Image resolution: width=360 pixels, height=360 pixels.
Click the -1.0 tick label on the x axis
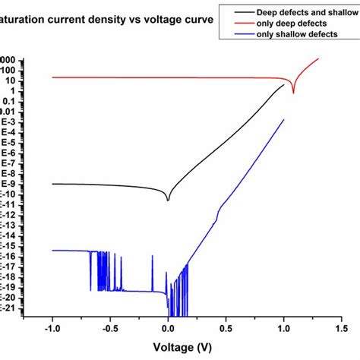click(x=52, y=330)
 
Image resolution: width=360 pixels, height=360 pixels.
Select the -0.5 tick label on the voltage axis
click(x=109, y=330)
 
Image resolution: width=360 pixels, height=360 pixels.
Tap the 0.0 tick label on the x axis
click(x=169, y=330)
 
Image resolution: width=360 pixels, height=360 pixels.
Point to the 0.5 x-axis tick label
click(x=226, y=330)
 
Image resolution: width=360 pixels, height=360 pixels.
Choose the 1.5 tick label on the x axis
click(x=341, y=330)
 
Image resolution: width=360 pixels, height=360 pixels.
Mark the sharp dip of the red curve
click(x=293, y=93)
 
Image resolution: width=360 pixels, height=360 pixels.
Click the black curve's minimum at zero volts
click(x=168, y=201)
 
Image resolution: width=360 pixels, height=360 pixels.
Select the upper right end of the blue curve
click(x=283, y=119)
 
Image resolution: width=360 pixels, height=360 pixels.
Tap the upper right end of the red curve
click(x=318, y=58)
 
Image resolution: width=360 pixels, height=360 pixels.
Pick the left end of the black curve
click(x=52, y=184)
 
